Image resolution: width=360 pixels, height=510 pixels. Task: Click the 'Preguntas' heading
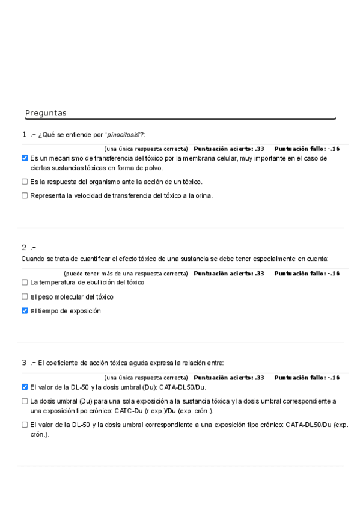coord(46,113)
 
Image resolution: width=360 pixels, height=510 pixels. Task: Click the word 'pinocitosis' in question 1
coord(122,134)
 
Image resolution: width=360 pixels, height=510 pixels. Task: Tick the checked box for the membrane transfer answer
coord(25,158)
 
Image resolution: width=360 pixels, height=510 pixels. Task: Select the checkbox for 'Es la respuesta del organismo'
coord(25,181)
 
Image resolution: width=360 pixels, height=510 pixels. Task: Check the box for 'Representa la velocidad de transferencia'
coord(25,195)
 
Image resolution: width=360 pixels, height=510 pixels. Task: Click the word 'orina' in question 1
coord(203,195)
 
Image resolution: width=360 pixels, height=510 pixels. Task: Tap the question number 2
coord(24,247)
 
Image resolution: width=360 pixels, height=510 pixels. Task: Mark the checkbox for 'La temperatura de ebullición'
coord(25,282)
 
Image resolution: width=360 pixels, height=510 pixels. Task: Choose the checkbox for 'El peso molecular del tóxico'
coord(25,296)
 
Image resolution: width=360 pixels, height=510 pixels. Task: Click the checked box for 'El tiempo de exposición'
coord(25,311)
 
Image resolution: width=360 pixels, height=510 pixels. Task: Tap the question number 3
coord(24,363)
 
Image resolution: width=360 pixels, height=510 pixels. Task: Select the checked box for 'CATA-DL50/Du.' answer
coord(25,387)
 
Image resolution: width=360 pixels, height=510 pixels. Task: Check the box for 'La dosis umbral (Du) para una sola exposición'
coord(25,401)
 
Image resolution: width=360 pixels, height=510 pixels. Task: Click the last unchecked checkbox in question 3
coord(25,425)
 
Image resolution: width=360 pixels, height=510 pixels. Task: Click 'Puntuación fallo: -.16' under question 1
coord(307,149)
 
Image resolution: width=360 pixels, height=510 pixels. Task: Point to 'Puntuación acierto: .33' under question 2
coord(229,274)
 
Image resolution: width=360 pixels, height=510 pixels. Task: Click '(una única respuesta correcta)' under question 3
coord(146,378)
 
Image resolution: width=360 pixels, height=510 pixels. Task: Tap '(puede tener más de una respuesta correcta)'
coord(126,274)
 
